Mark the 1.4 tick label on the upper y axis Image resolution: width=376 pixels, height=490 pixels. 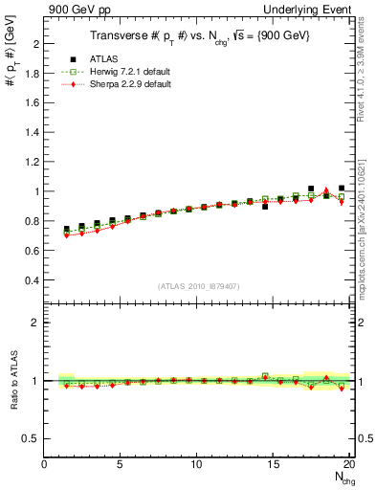click(x=33, y=133)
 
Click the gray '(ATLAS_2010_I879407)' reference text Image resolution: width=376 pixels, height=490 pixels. click(x=197, y=285)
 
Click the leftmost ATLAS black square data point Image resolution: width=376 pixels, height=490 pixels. click(x=66, y=230)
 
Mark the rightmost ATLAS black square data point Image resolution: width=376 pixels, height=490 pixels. click(x=342, y=189)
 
